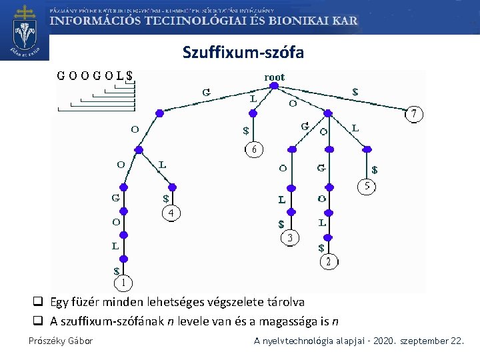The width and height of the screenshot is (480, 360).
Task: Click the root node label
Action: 274,77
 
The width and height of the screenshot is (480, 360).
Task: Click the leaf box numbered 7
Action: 415,115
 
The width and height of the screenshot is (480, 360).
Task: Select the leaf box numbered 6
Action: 253,149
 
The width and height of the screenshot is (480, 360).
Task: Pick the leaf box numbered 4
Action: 171,213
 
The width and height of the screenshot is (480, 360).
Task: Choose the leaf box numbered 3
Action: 289,237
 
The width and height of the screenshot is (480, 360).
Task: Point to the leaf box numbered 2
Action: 328,261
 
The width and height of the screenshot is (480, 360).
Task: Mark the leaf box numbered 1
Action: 123,283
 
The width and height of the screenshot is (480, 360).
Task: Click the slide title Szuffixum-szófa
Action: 243,52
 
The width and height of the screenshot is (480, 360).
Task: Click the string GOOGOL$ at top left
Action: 95,76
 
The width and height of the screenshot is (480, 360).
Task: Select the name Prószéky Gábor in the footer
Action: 61,341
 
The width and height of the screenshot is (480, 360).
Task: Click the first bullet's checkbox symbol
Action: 39,303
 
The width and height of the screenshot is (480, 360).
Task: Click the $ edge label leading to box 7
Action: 355,93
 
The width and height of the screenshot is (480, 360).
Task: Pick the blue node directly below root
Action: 274,85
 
